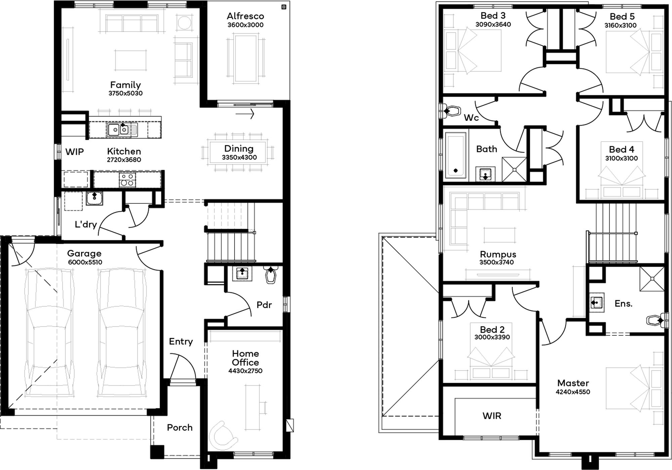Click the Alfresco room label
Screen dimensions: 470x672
245,16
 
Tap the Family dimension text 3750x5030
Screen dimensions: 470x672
125,93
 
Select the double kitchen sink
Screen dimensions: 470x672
119,130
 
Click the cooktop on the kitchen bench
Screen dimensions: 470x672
127,180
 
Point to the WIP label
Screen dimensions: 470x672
75,152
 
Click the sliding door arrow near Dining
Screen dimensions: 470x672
245,114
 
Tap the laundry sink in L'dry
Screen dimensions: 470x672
94,198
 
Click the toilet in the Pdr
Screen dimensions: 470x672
271,275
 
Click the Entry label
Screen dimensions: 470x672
181,342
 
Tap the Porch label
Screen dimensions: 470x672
180,428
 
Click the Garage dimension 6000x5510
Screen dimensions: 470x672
85,262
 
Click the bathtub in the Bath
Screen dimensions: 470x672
456,155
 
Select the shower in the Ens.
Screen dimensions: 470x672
652,279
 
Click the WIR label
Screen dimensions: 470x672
492,416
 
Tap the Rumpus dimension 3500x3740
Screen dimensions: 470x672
497,263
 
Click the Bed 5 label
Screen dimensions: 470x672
622,16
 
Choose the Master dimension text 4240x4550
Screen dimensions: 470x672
573,392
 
